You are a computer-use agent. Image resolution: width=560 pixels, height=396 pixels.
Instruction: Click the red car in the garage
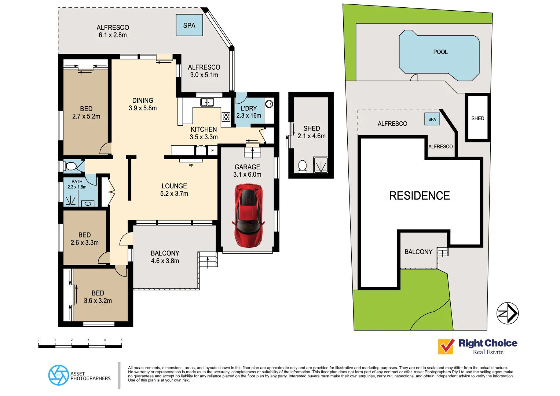click(248, 215)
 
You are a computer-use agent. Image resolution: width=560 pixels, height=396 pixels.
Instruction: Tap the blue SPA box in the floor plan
click(189, 25)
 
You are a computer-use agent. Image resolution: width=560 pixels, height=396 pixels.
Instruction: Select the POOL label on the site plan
click(440, 52)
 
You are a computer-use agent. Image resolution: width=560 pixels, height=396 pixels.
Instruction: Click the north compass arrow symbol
click(508, 313)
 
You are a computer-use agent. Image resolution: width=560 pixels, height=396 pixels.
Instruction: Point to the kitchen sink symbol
click(207, 102)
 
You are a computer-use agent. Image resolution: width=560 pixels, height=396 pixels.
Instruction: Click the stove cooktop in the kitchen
click(226, 117)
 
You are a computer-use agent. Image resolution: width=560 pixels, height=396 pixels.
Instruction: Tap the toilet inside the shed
click(302, 166)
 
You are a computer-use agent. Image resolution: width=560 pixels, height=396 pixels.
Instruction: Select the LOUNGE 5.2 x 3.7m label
click(174, 190)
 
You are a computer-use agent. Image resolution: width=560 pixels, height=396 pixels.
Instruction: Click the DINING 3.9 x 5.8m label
click(143, 104)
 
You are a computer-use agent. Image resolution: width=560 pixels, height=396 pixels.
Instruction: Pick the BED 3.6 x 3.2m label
click(98, 297)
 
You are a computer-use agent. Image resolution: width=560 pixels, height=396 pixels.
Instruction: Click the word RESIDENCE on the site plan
click(419, 196)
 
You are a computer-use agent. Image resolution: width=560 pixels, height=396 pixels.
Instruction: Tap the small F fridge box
click(212, 151)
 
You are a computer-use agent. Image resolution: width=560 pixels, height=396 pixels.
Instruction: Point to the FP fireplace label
click(191, 166)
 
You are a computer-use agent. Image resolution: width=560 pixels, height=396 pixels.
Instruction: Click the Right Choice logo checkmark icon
click(446, 346)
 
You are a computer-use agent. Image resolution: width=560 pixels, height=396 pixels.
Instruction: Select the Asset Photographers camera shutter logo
click(58, 375)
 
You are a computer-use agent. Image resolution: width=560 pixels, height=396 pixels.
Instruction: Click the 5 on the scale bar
click(121, 340)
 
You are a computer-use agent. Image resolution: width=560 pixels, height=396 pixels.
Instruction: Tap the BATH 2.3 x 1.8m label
click(77, 184)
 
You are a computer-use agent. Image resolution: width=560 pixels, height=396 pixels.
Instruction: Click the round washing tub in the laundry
click(269, 104)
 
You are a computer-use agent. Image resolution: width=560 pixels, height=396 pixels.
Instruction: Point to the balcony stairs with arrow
click(208, 260)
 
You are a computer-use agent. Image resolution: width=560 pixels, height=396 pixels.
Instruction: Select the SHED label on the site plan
click(477, 118)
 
